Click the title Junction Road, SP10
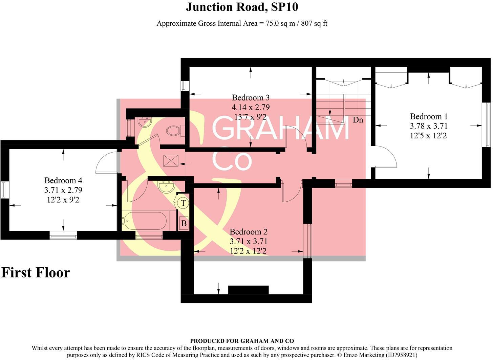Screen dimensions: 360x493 pos(242,7)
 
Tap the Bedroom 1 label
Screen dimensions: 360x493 pos(429,117)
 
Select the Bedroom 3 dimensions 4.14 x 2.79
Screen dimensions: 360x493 pos(251,108)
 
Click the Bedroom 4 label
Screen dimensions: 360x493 pos(63,181)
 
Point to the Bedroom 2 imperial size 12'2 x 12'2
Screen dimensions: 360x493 pos(249,251)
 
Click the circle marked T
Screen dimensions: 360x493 pos(183,203)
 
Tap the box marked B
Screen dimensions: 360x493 pos(184,223)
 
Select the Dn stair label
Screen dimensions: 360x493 pos(358,120)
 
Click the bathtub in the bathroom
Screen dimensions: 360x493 pos(144,221)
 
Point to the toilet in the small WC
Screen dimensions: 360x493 pos(175,130)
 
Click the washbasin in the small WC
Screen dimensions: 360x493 pos(145,122)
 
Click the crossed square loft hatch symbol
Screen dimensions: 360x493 pos(171,160)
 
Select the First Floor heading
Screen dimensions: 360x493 pos(36,273)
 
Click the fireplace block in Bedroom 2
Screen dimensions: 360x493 pos(248,290)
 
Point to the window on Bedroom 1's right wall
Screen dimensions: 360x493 pos(488,125)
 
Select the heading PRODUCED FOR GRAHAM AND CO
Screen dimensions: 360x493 pos(242,341)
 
